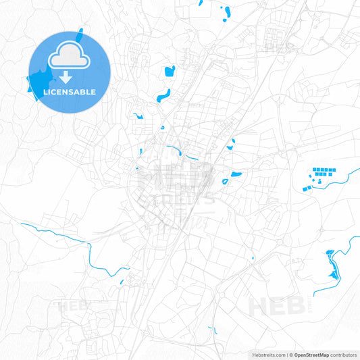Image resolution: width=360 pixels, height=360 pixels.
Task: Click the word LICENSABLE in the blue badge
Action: point(70,91)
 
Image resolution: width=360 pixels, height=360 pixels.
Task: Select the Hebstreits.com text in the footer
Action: point(266,354)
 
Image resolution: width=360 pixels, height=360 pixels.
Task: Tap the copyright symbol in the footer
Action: point(290,354)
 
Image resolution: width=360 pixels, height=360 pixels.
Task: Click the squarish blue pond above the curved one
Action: point(169,70)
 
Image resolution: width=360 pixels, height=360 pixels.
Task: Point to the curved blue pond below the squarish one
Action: point(163,95)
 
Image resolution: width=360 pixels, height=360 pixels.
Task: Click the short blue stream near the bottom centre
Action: point(213,330)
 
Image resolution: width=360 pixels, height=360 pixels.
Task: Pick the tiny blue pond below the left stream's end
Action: point(122,282)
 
